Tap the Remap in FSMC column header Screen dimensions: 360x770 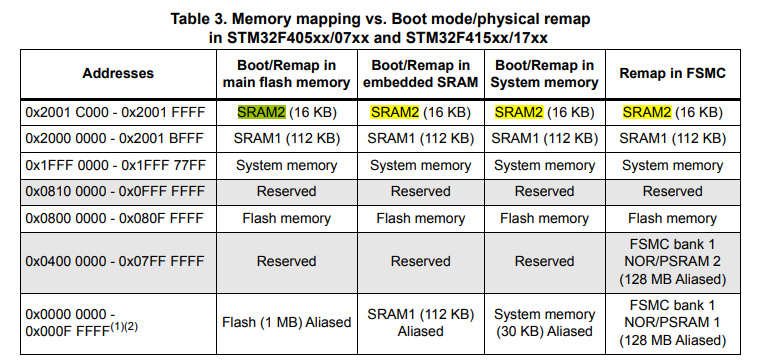pyautogui.click(x=672, y=73)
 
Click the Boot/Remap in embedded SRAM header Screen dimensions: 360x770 pyautogui.click(x=420, y=73)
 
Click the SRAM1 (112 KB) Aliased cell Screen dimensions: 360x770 pyautogui.click(x=420, y=322)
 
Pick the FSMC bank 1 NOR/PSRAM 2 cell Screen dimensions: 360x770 pyautogui.click(x=672, y=261)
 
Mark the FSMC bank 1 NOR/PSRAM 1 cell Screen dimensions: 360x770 pyautogui.click(x=672, y=322)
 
